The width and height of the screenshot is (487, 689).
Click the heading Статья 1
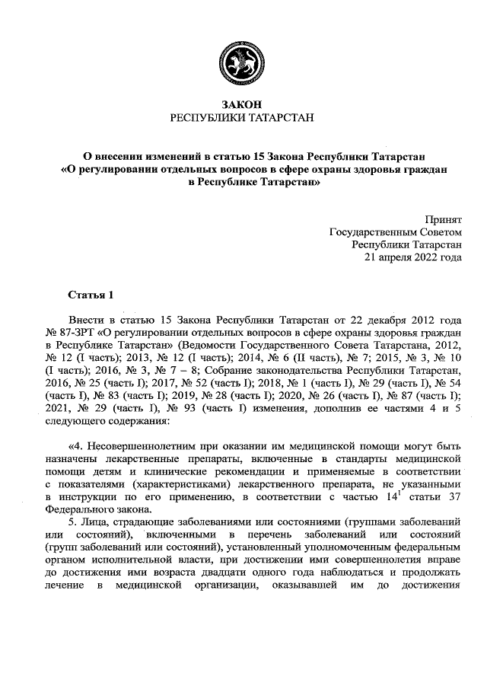point(90,293)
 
